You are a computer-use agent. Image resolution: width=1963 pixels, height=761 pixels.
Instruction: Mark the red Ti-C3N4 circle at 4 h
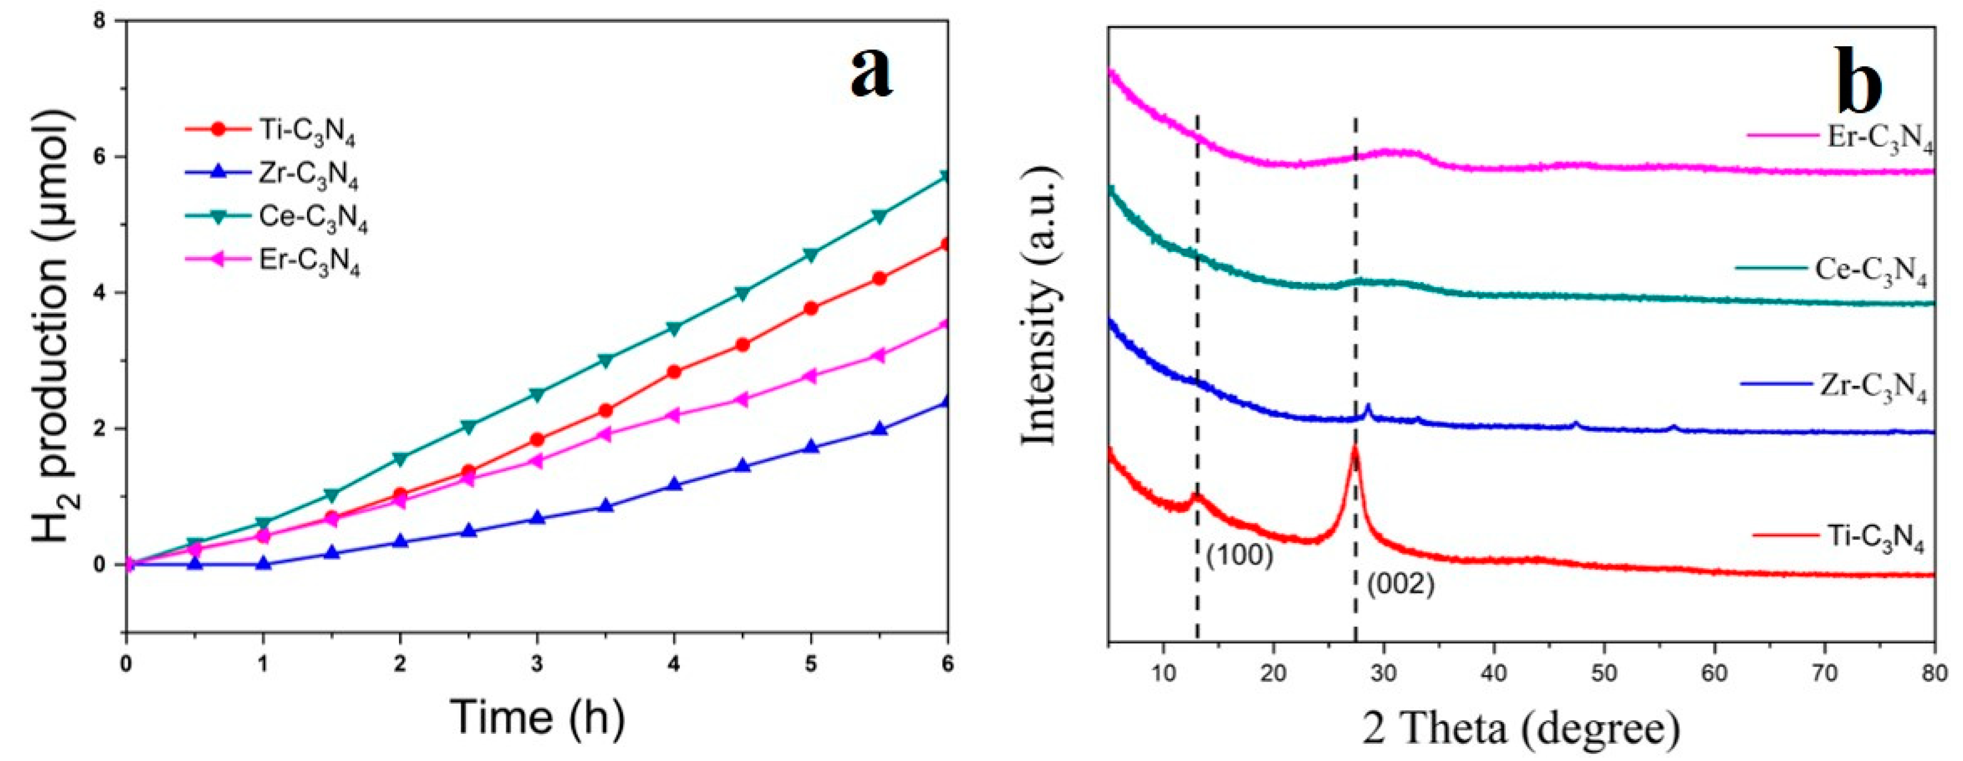pos(674,372)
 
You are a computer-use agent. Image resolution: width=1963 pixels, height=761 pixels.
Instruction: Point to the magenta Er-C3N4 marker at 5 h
pos(811,375)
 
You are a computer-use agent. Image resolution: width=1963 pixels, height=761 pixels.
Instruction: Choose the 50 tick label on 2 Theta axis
pos(1604,674)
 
